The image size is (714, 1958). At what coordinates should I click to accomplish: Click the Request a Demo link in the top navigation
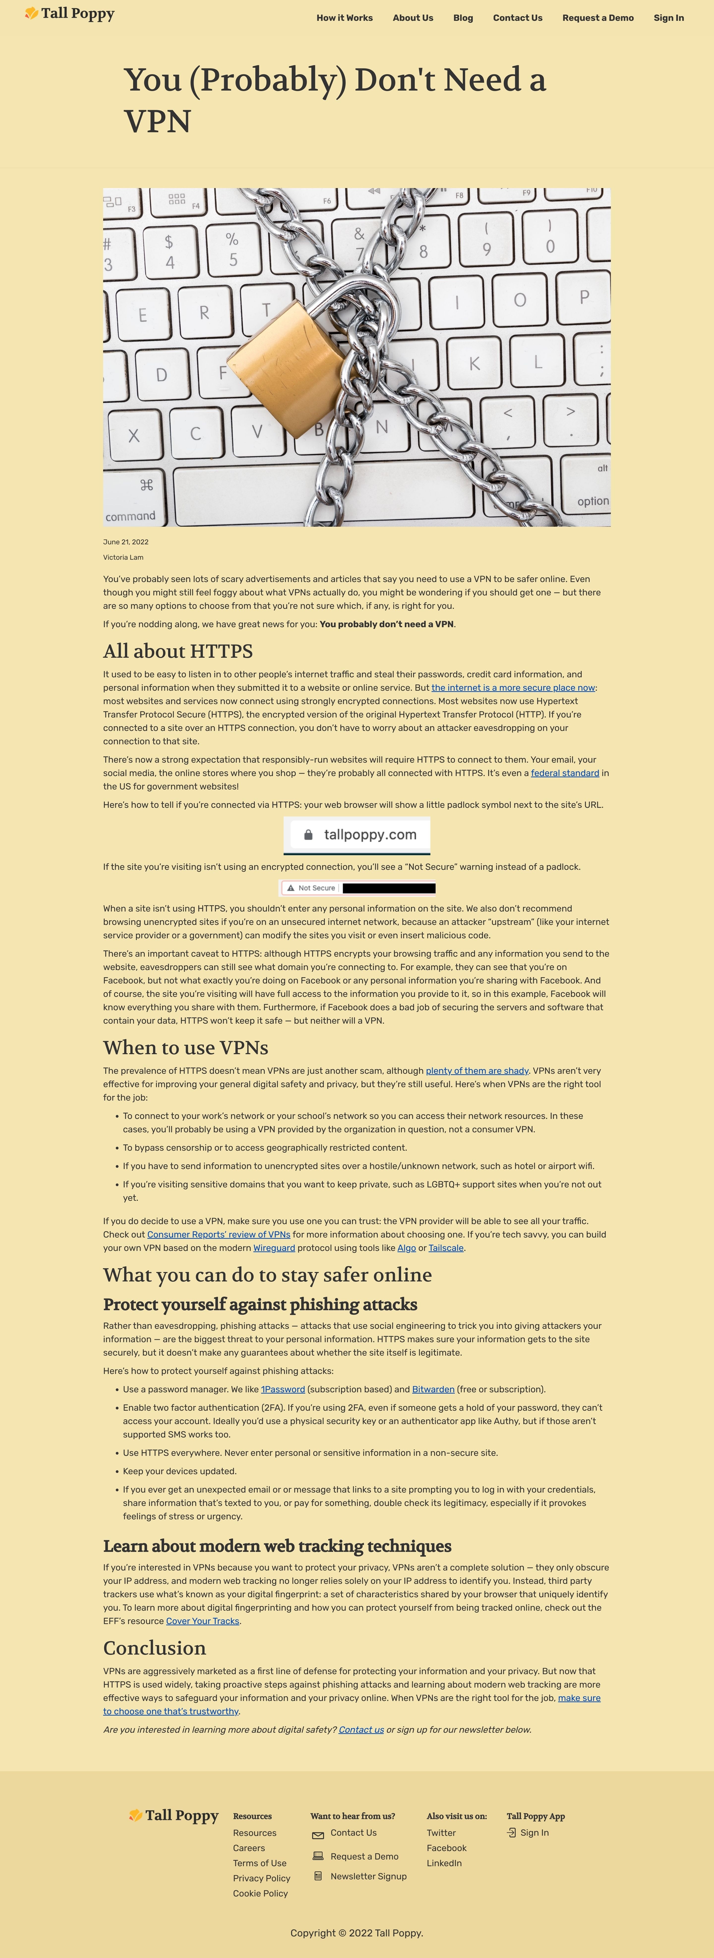click(598, 17)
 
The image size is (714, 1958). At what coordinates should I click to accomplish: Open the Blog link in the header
click(463, 17)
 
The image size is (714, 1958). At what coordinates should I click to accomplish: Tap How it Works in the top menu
click(344, 17)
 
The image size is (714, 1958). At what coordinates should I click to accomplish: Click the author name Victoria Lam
click(123, 557)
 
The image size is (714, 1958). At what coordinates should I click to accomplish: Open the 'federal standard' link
click(564, 773)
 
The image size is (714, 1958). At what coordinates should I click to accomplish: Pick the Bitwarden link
click(433, 1389)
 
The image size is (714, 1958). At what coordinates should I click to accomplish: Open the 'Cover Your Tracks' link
click(202, 1621)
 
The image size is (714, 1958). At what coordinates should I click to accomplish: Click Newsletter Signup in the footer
click(368, 1876)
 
